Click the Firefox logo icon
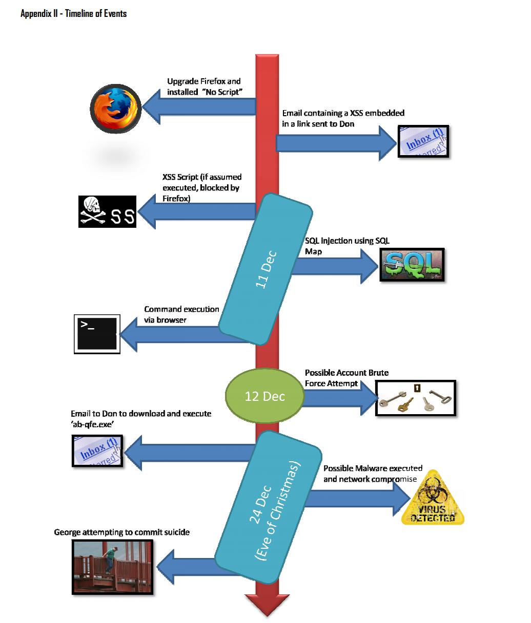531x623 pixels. (115, 109)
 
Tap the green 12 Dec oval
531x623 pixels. (264, 396)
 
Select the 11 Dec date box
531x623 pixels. (265, 269)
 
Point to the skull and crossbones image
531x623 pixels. (107, 211)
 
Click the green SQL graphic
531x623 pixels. (412, 265)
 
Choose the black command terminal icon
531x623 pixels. (97, 334)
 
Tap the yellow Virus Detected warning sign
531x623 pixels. (433, 498)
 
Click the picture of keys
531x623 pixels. (416, 398)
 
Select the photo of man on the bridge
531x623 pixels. (112, 567)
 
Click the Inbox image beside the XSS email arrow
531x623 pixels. (423, 141)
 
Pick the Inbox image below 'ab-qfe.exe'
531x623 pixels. (97, 451)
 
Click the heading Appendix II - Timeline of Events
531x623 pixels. (74, 13)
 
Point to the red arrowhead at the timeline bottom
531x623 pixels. (267, 605)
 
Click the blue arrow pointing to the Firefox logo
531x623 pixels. (199, 106)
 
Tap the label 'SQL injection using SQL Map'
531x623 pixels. (347, 246)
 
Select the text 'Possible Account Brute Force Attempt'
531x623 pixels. (346, 378)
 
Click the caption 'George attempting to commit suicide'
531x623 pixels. (121, 532)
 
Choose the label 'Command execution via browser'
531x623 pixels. (181, 314)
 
